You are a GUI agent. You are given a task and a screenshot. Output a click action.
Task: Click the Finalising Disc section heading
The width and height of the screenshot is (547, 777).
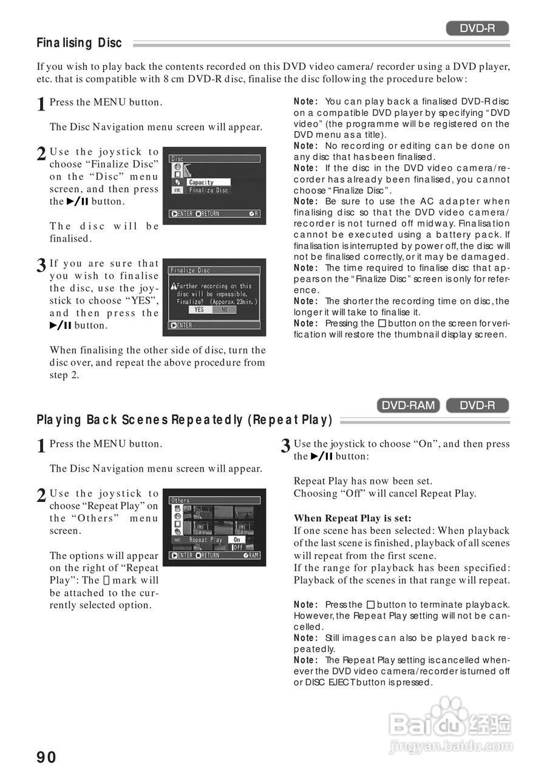tap(79, 43)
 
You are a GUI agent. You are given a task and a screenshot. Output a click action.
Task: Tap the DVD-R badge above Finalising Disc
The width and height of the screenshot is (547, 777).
tap(477, 28)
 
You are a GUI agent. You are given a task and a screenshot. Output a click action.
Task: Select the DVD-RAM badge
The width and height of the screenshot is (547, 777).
tap(409, 405)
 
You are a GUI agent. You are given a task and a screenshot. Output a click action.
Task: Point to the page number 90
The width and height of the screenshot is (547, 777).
tap(47, 757)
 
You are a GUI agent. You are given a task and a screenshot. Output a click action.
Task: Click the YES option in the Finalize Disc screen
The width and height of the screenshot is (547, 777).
tap(199, 310)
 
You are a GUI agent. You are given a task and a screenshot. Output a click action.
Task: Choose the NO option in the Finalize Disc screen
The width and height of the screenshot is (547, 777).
tap(224, 310)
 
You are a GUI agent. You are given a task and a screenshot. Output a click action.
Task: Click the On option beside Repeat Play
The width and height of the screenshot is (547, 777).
tap(237, 539)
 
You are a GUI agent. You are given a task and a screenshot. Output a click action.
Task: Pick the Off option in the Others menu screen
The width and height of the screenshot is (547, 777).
tap(237, 547)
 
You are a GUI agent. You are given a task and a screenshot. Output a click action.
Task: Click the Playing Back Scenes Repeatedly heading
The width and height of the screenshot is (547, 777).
tap(185, 420)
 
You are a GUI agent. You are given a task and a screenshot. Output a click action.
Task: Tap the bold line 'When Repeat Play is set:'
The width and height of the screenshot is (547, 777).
tap(353, 518)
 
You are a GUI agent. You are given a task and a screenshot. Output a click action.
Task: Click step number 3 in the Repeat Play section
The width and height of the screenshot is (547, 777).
tap(285, 447)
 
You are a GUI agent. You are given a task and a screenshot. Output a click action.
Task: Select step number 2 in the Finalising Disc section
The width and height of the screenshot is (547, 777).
tap(41, 154)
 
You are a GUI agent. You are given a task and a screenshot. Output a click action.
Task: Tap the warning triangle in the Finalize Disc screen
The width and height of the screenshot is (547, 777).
tap(173, 286)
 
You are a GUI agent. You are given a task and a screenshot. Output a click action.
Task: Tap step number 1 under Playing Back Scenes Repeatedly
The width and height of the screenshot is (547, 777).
tap(41, 447)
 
